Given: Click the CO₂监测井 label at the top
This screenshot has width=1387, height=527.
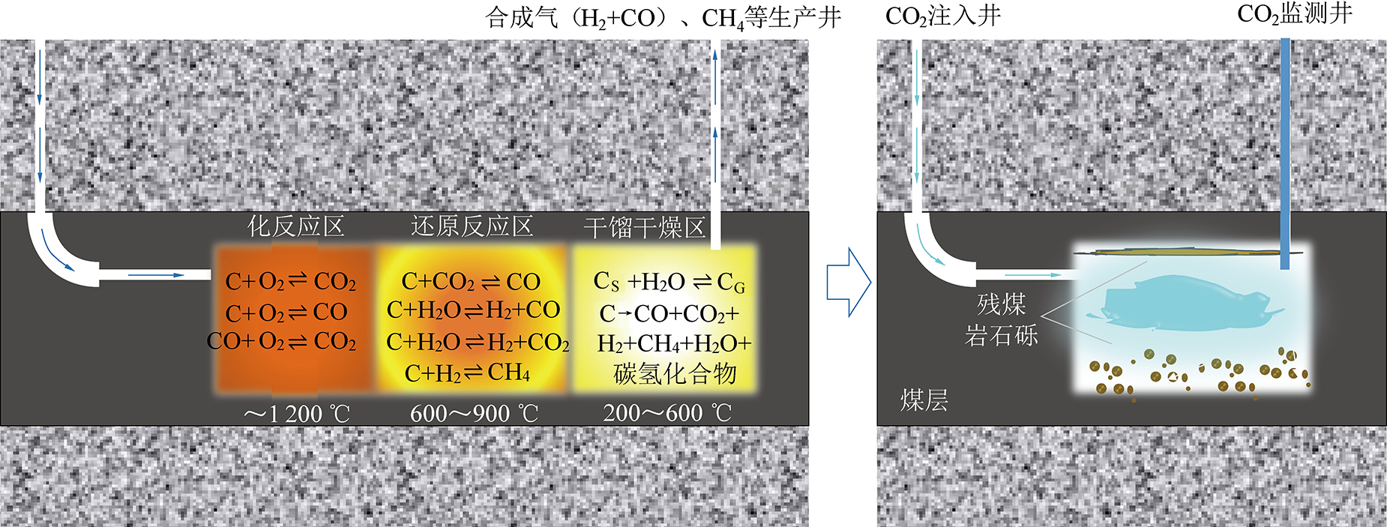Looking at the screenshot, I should tap(1294, 15).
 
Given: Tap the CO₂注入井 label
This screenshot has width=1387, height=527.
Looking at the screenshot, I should tap(942, 16).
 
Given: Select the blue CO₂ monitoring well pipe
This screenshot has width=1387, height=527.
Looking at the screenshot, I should tap(1284, 150).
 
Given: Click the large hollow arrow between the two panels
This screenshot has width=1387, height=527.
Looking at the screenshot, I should tap(848, 282).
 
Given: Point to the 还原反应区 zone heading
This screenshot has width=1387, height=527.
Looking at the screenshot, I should tap(472, 226).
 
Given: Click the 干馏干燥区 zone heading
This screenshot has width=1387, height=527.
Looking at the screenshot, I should tap(645, 227).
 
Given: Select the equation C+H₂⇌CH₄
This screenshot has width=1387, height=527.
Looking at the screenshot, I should tap(467, 373).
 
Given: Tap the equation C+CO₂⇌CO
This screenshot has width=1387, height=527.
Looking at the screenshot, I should tap(471, 282).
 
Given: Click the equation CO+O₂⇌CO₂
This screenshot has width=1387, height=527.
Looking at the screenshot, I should tap(281, 341).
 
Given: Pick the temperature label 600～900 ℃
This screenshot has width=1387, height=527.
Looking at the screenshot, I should tap(474, 413).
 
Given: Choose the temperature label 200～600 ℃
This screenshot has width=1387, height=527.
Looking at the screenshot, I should tap(667, 412).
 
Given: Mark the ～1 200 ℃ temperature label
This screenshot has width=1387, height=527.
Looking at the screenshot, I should tap(297, 413).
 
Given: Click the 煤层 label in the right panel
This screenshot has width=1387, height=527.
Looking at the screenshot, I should tap(924, 400).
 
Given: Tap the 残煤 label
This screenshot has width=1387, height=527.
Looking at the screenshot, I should tap(1001, 304).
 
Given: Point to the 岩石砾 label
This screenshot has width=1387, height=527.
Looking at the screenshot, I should tap(1001, 336).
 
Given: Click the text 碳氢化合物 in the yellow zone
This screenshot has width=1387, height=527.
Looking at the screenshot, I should tap(675, 373).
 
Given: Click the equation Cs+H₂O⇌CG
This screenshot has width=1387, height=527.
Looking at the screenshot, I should tap(669, 282).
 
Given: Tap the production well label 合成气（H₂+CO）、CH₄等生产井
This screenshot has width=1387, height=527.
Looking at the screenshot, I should tap(663, 16).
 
